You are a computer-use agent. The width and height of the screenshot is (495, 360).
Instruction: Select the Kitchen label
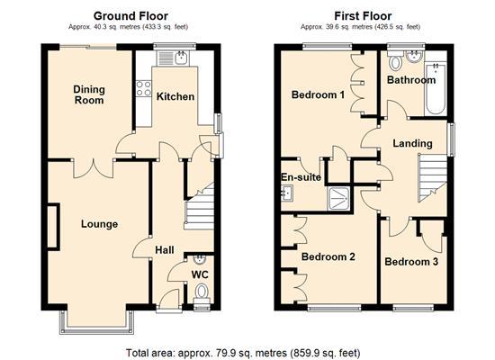coord(175,95)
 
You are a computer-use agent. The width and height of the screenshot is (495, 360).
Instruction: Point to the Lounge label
coord(100,224)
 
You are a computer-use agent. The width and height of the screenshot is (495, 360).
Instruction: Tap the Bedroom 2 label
coord(328,257)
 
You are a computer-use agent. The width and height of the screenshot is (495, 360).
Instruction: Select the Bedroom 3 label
coord(411,262)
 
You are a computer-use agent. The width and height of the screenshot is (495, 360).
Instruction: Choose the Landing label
coord(412,143)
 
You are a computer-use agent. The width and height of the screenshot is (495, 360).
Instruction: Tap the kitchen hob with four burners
coord(142,88)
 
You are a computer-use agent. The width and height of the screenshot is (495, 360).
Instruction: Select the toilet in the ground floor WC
coord(202,292)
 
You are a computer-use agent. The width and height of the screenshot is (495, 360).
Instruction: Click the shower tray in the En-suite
coord(340,197)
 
